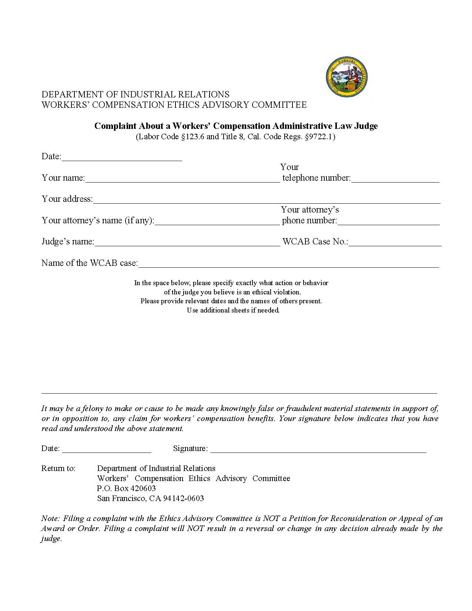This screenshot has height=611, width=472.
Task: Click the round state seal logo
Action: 347,77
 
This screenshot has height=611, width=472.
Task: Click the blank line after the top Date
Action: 122,157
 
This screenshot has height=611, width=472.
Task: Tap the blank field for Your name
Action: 182,179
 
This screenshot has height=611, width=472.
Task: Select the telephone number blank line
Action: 395,179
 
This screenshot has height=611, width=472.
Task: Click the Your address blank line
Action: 267,200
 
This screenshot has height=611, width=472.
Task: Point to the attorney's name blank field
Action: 217,221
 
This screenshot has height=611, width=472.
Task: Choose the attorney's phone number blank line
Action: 388,221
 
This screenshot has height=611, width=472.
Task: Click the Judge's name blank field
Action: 187,243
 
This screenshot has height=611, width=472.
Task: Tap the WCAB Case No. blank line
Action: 395,243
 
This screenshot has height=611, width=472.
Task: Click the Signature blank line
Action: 318,449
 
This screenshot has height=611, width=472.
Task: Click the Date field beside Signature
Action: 107,449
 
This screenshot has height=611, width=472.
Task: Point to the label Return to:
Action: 58,468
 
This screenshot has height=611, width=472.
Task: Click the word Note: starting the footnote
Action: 50,518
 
